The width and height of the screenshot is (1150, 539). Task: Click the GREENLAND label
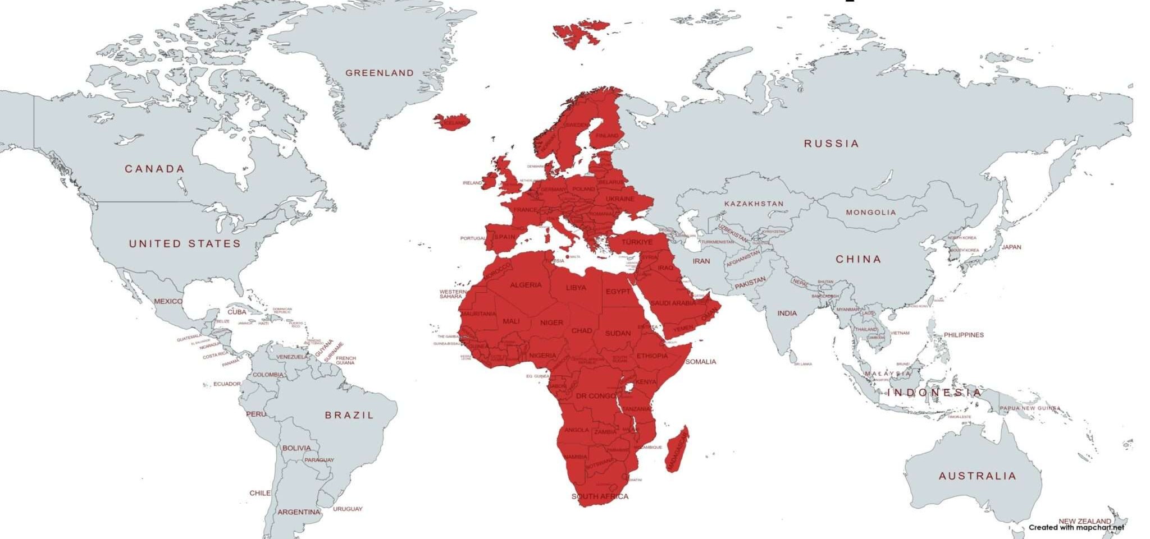point(379,73)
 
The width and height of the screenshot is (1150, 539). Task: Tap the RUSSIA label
point(831,144)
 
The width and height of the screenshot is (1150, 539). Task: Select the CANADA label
point(154,169)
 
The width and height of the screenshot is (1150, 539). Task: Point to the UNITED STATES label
point(185,243)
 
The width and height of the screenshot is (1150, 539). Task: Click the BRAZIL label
point(349,415)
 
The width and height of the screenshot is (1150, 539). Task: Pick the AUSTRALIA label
point(977,476)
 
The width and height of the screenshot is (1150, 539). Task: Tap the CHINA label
point(858,259)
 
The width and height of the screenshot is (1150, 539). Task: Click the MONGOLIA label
point(870,213)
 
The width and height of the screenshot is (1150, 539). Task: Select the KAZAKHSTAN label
point(754,204)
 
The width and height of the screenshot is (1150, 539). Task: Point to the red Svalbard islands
point(578,34)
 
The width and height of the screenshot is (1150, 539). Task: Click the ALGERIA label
point(526,285)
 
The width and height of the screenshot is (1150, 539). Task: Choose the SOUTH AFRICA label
point(600,496)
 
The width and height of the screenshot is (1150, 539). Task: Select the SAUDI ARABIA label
point(673,303)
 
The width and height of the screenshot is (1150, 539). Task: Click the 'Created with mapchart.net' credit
point(1076,527)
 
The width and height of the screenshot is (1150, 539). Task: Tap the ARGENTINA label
point(299,512)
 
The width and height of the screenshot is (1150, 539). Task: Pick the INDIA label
point(787,314)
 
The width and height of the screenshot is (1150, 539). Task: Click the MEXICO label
point(168,301)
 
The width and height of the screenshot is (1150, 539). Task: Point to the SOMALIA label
point(700,362)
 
